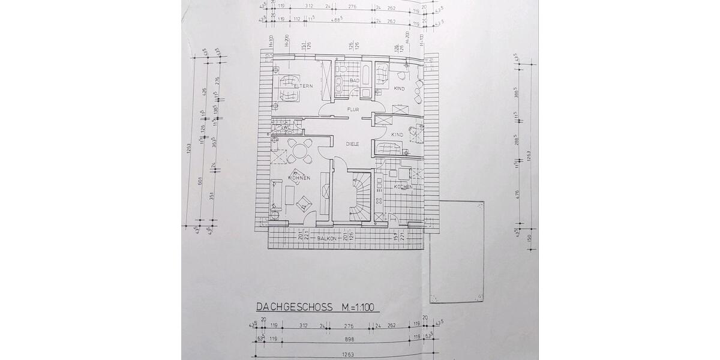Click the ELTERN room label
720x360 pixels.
coord(303,86)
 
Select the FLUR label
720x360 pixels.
coord(353,109)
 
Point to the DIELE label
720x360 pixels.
coord(353,144)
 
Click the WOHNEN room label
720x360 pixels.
coord(299,178)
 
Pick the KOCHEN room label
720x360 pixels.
coord(403,187)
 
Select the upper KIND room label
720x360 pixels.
coord(399,89)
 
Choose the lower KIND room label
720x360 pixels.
coord(397,135)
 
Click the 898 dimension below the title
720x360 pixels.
coord(349,338)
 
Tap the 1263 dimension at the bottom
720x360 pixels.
coord(349,355)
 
